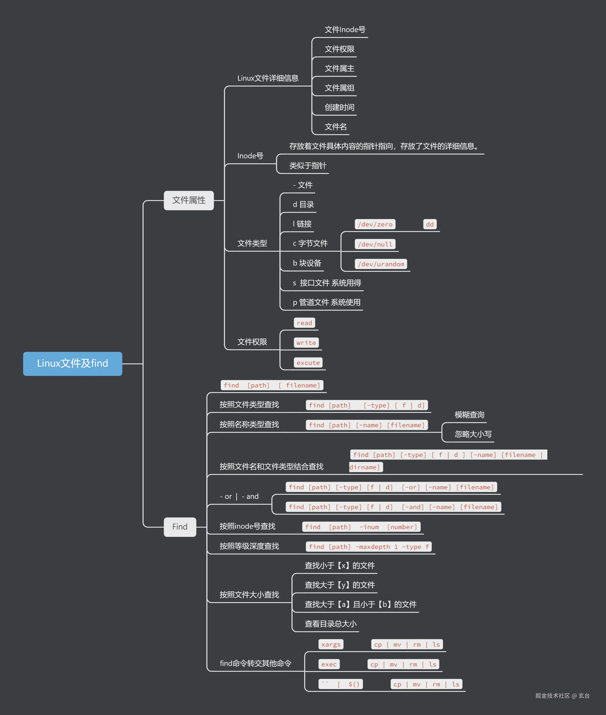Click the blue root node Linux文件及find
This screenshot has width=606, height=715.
(x=72, y=363)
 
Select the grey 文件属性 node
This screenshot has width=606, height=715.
(x=189, y=200)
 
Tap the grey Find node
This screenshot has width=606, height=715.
(x=180, y=527)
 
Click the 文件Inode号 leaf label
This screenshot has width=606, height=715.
(x=345, y=30)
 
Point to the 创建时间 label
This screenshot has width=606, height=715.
(x=339, y=108)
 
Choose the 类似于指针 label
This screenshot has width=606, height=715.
(x=307, y=166)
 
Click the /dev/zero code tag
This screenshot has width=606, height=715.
(x=375, y=224)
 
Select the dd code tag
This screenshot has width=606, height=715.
(x=430, y=224)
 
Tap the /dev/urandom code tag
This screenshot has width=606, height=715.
(x=381, y=264)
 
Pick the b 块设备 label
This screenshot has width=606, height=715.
(x=307, y=263)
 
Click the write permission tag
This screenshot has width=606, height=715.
(x=306, y=343)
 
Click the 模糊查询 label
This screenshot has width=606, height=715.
(x=469, y=415)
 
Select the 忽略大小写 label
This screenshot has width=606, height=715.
(x=473, y=434)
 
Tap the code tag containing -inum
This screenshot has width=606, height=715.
(x=361, y=527)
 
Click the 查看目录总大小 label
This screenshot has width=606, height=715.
(x=331, y=624)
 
